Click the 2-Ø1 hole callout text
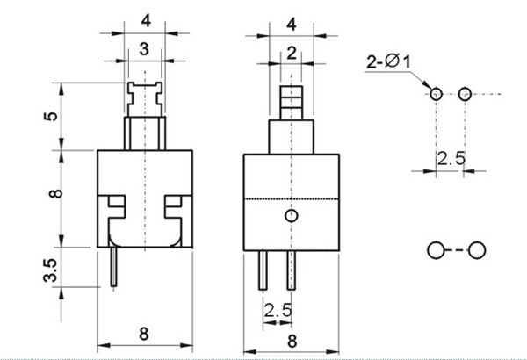pos(388,61)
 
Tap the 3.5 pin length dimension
pos(50,270)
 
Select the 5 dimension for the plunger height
pos(51,116)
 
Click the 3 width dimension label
pos(144,49)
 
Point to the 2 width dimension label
pos(292,53)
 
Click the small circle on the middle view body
pos(291,216)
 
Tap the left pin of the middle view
pos(263,270)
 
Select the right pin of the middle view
pos(292,270)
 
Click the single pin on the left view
pos(114,267)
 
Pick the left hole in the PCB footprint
pos(436,94)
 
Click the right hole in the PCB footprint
pos(465,94)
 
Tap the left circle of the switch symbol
pos(436,250)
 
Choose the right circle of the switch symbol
pos(477,250)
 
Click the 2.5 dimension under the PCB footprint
pos(451,159)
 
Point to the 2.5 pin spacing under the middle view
pos(278,310)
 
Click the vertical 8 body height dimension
pos(56,193)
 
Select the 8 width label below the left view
pos(143,334)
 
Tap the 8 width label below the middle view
pos(292,342)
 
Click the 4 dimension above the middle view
pos(292,25)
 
